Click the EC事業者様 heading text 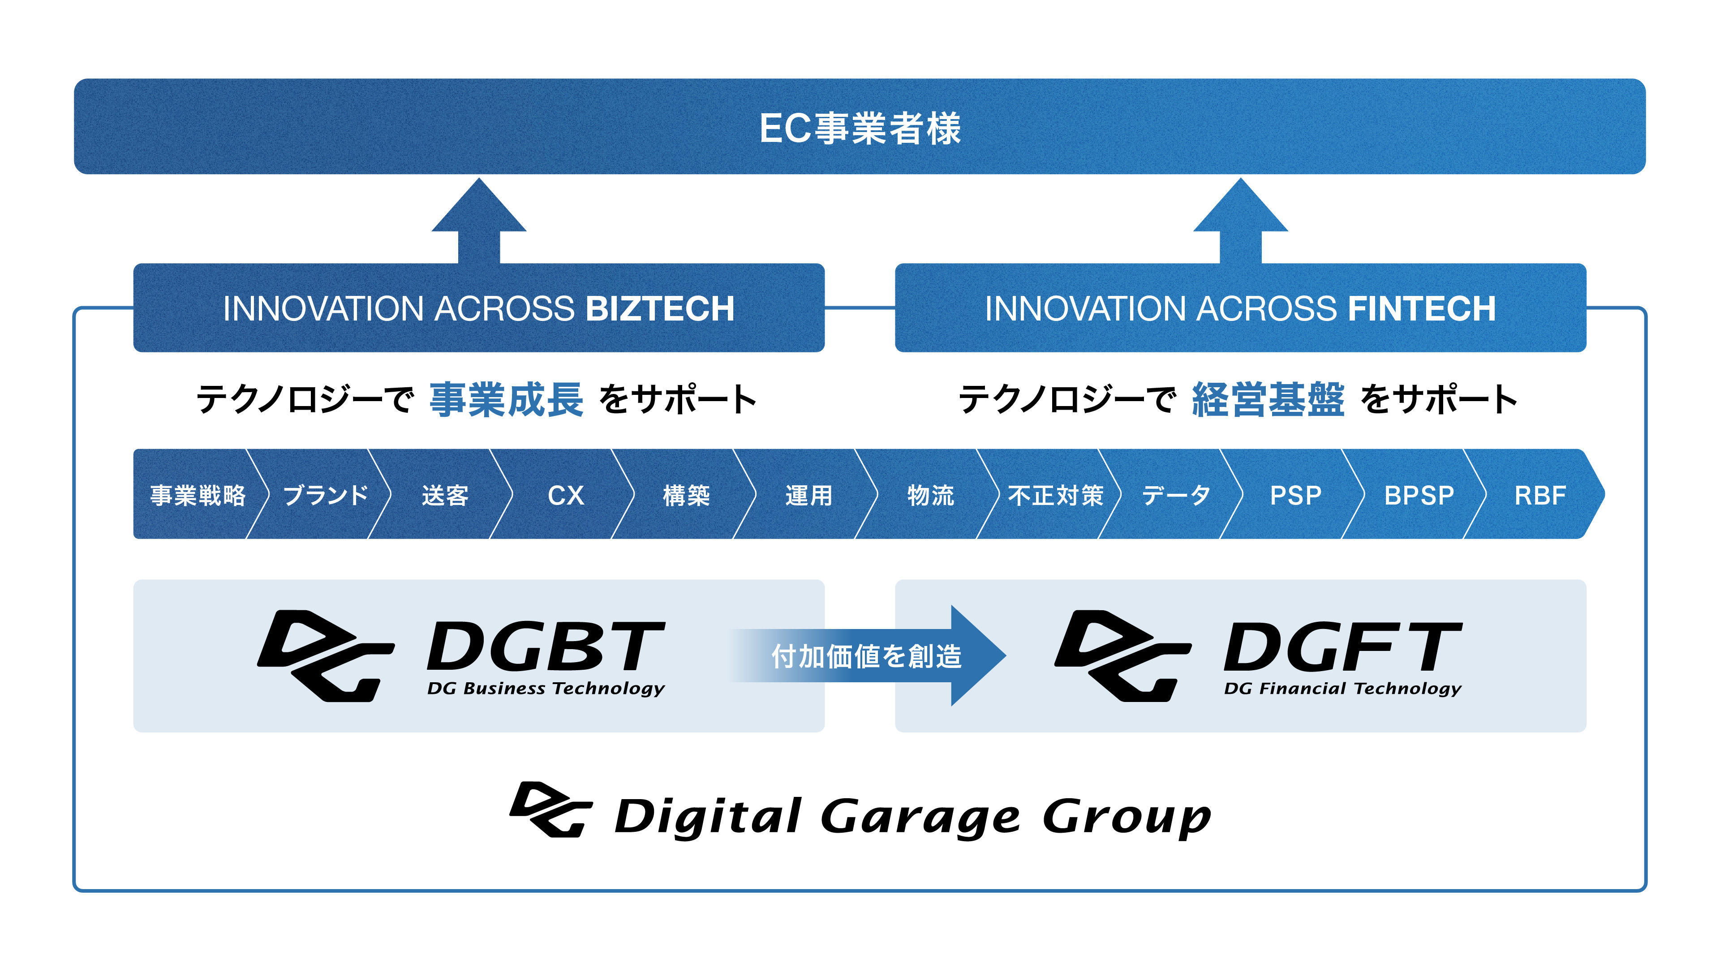pos(860,128)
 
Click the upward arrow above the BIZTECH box pos(479,220)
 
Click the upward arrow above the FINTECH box pos(1240,220)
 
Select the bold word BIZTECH pos(660,309)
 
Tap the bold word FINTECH pos(1422,309)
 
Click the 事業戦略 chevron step pos(198,495)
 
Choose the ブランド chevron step pos(326,495)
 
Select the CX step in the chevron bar pos(566,495)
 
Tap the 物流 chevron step pos(930,495)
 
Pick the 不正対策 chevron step pos(1055,495)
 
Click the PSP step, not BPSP pos(1295,495)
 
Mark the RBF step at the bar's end pos(1540,495)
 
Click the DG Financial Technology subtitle pos(1342,689)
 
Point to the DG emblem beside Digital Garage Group pos(550,809)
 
